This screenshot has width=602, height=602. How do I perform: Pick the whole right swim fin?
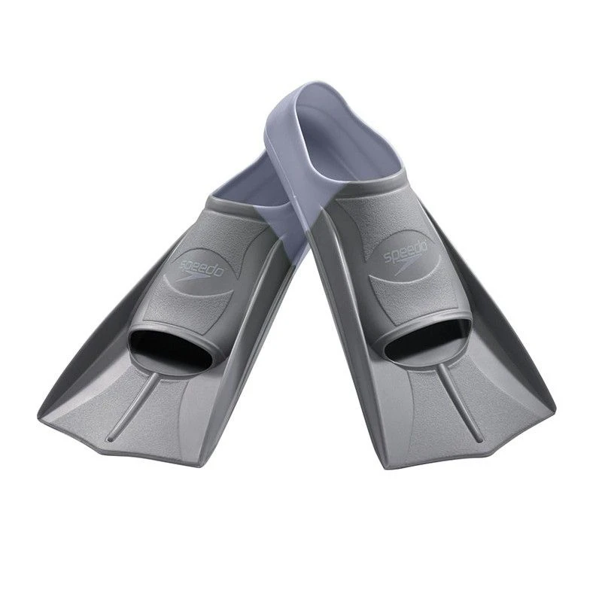pos(421,316)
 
